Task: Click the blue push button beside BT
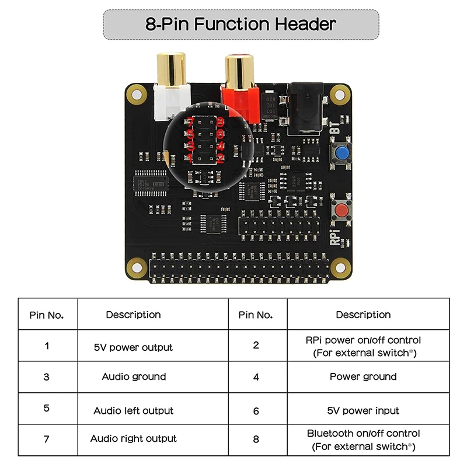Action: pyautogui.click(x=341, y=154)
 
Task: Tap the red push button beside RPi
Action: pyautogui.click(x=341, y=210)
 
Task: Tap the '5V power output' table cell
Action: pyautogui.click(x=133, y=347)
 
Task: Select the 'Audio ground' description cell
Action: pyautogui.click(x=134, y=377)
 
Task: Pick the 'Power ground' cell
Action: pyautogui.click(x=363, y=377)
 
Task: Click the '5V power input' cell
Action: pyautogui.click(x=363, y=411)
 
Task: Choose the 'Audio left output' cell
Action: pyautogui.click(x=134, y=411)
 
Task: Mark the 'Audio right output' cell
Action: pyautogui.click(x=134, y=439)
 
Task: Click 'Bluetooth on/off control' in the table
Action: pyautogui.click(x=363, y=434)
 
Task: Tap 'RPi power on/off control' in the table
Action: pyautogui.click(x=363, y=340)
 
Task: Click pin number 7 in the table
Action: pyautogui.click(x=47, y=439)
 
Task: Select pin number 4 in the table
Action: pyautogui.click(x=256, y=377)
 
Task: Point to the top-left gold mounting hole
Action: pyautogui.click(x=137, y=93)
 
